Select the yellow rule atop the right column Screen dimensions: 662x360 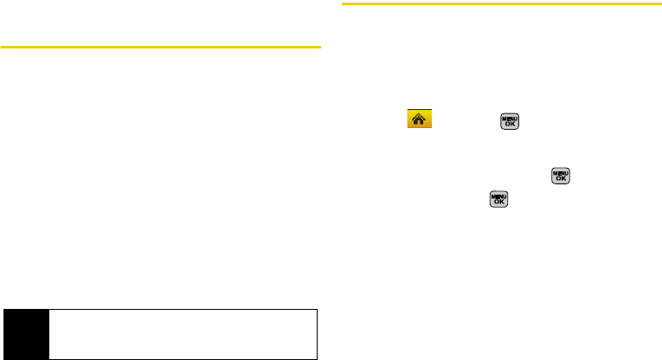490,3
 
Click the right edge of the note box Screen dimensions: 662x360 319,332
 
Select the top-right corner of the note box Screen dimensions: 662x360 319,307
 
